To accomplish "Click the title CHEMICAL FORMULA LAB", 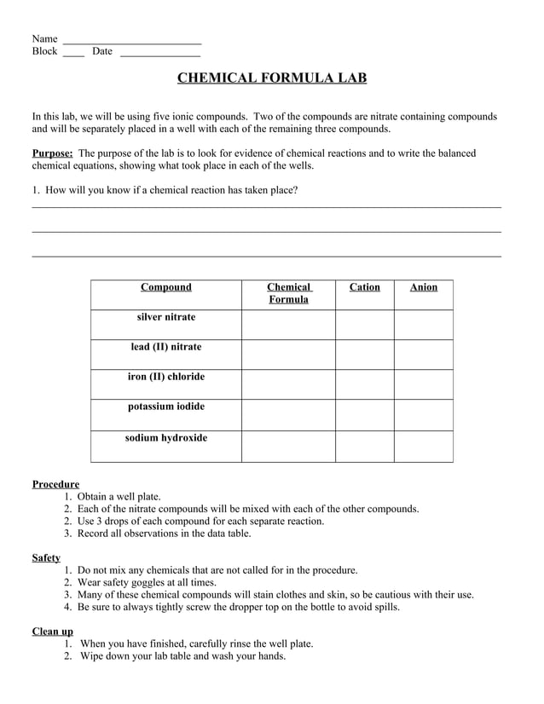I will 272,78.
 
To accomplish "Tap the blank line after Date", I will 160,53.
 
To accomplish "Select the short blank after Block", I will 73,53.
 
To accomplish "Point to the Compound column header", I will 166,287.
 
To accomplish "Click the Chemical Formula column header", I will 288,293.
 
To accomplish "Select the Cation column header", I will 364,287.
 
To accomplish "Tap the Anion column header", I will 423,287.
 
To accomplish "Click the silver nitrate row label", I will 166,317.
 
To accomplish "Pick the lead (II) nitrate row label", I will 166,347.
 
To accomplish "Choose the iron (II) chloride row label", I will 166,377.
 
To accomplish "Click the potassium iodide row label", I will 166,407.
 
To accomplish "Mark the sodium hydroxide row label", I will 166,438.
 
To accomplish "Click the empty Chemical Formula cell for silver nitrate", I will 288,325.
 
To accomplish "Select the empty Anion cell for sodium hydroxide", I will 423,446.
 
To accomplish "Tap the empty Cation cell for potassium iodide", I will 364,414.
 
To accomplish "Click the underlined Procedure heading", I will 55,484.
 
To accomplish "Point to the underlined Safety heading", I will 46,558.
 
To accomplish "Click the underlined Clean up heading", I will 52,631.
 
